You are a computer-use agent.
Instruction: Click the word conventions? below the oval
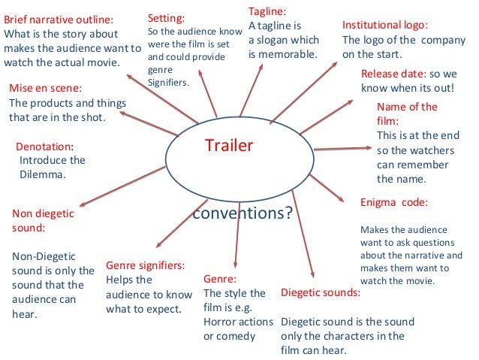[242, 213]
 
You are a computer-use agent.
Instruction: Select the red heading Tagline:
[268, 12]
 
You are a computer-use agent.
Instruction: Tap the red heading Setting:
[166, 17]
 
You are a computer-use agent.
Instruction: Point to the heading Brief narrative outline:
[61, 19]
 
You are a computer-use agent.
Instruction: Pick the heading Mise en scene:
[44, 87]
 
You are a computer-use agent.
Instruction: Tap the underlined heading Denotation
[44, 145]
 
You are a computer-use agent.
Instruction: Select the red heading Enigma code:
[394, 202]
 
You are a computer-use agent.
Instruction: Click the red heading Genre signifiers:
[146, 265]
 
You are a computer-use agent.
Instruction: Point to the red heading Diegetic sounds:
[320, 292]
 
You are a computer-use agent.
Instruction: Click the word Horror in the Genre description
[221, 321]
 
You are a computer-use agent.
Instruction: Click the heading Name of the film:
[406, 113]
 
